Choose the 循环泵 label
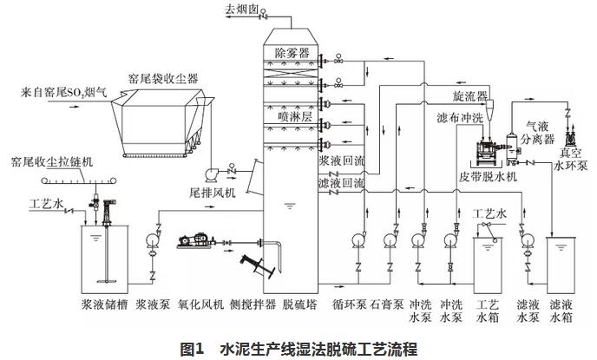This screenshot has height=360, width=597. tap(351, 304)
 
